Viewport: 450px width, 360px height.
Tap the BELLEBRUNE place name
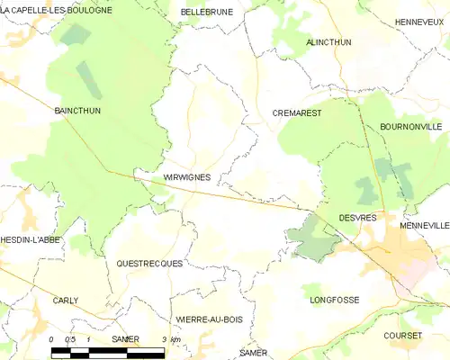point(206,12)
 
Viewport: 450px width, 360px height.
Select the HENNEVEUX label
point(421,21)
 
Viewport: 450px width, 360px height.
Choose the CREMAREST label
point(297,113)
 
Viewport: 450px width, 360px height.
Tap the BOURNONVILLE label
point(410,127)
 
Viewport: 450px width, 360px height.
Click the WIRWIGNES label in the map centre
point(187,177)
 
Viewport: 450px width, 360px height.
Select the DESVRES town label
point(357,218)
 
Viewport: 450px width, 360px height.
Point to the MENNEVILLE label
point(425,225)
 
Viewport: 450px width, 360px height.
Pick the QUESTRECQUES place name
point(149,264)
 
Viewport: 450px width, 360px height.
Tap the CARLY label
point(66,301)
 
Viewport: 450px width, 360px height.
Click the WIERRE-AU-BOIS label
point(210,319)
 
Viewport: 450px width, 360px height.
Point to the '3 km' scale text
point(171,339)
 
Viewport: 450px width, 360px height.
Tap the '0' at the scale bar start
point(52,339)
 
